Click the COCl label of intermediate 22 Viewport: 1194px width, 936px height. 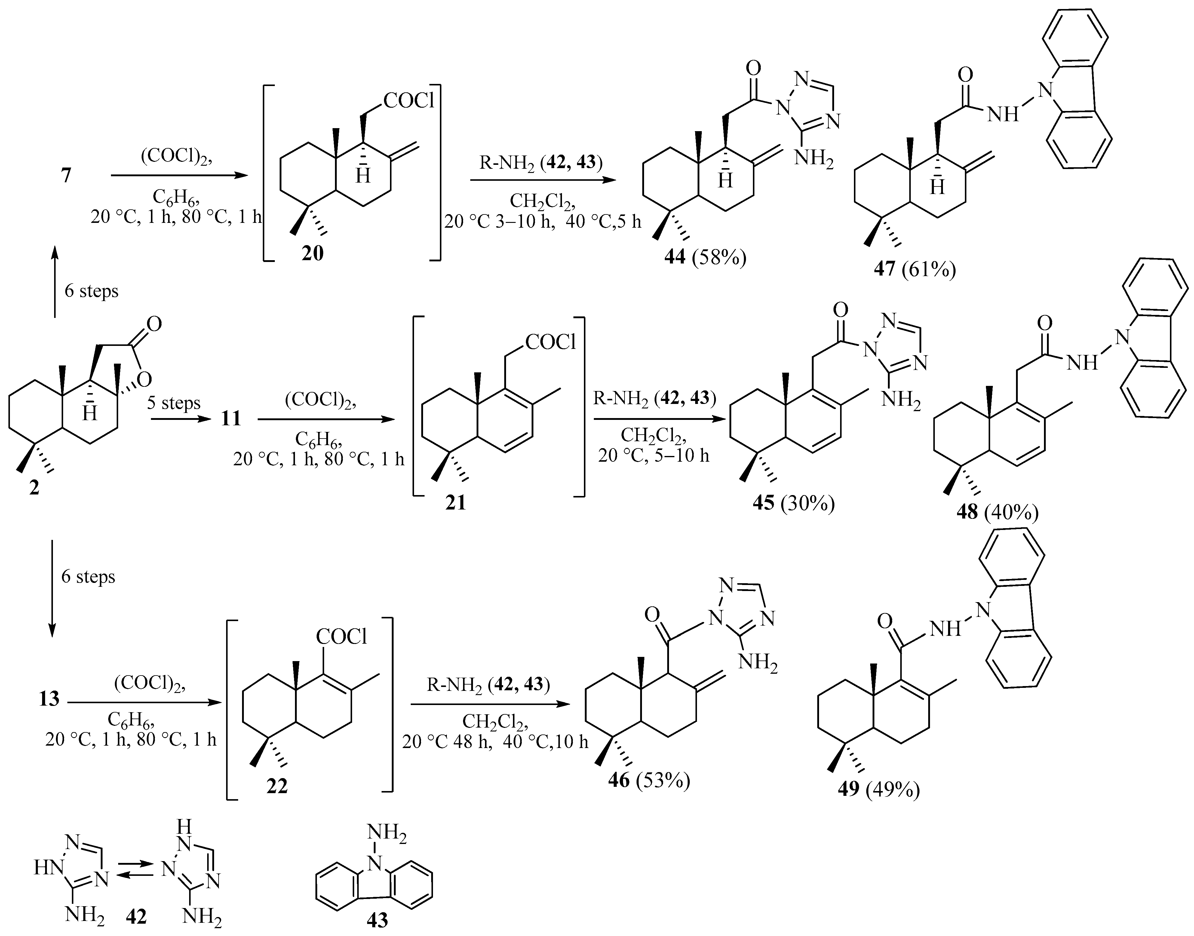click(x=341, y=637)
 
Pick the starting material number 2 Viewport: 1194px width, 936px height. click(x=34, y=487)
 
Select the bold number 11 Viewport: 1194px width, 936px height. click(x=231, y=419)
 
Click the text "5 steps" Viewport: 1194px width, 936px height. click(x=173, y=403)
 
